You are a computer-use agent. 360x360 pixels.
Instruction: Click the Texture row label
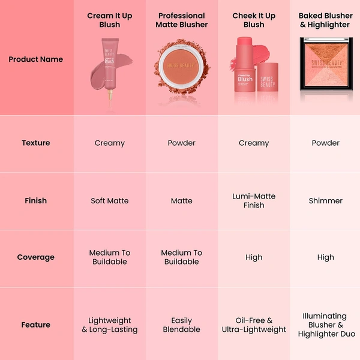(x=35, y=143)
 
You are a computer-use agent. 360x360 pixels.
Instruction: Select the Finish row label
(x=35, y=200)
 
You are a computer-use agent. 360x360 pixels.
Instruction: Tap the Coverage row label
(x=35, y=257)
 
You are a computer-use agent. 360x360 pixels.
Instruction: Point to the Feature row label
(x=35, y=325)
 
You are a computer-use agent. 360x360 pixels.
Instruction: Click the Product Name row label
(x=35, y=59)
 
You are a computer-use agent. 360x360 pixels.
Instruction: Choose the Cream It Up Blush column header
(x=110, y=20)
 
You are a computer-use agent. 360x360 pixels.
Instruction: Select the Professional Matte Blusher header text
(x=182, y=20)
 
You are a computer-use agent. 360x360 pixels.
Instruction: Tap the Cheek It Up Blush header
(x=254, y=20)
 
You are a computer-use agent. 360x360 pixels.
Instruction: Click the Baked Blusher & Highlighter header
(x=325, y=20)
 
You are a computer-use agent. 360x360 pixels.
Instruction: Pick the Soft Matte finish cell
(x=110, y=200)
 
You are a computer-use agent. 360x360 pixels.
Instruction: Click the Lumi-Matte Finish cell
(x=254, y=200)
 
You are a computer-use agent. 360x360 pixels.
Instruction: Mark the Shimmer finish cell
(x=325, y=200)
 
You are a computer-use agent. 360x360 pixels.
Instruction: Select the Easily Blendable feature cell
(x=182, y=325)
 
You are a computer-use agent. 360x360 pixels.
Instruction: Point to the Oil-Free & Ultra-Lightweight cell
(x=254, y=325)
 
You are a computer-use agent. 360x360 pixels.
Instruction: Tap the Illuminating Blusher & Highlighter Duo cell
(x=325, y=325)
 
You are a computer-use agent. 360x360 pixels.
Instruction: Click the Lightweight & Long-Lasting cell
(x=110, y=325)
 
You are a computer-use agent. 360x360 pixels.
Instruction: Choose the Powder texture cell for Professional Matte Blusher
(x=182, y=143)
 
